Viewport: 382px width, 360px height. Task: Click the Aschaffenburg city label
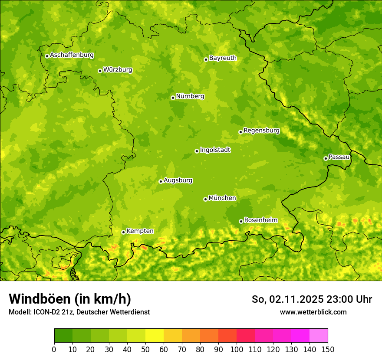(x=72, y=55)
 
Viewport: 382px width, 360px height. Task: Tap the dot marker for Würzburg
(x=100, y=71)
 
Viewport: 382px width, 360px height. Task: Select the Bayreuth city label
(x=223, y=58)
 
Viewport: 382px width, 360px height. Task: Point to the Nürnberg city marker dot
(x=173, y=98)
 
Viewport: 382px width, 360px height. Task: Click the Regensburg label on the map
(x=261, y=131)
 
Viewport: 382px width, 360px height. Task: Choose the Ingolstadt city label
(x=215, y=150)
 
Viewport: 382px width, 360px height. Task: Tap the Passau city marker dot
(x=326, y=158)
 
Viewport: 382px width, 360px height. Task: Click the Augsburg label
(x=178, y=180)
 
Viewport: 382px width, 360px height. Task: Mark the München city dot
(x=205, y=199)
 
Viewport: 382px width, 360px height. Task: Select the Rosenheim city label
(x=260, y=220)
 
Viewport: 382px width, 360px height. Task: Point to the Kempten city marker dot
(x=123, y=232)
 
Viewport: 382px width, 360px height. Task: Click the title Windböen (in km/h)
(x=70, y=299)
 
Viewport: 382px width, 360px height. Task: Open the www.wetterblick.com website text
(x=313, y=312)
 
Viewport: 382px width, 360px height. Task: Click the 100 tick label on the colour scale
(x=237, y=350)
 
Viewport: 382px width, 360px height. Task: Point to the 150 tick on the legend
(x=328, y=350)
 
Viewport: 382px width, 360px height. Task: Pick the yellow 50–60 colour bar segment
(x=155, y=336)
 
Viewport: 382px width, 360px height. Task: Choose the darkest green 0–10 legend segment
(x=63, y=336)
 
